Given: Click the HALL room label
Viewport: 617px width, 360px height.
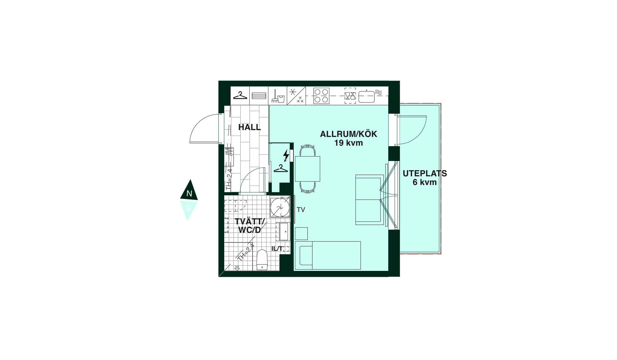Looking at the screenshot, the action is point(249,127).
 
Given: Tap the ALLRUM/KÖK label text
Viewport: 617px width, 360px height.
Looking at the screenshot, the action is point(348,134).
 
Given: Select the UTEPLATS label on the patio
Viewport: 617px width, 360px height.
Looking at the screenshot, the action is point(425,174).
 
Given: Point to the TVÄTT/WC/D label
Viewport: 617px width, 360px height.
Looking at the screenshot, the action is point(250,226).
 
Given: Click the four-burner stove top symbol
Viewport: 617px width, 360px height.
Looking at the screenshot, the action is point(321,96).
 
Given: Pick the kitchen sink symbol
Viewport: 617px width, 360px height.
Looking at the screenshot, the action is point(366,96).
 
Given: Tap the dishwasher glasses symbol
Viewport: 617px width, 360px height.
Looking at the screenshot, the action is point(350,96).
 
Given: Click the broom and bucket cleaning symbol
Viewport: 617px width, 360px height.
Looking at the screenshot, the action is point(278,96).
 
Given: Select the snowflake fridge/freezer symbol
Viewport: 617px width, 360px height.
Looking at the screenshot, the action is point(292,92).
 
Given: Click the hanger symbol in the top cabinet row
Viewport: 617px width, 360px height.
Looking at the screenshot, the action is point(240,95).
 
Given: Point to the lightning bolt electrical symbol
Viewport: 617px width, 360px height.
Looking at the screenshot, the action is point(286,156).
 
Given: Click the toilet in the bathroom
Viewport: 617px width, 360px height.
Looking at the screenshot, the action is point(262,260).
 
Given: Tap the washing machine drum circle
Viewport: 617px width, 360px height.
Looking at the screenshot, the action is point(280,207).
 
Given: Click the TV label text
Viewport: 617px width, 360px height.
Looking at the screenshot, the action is point(301,210).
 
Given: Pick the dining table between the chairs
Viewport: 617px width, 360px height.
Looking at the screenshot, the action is point(308,169).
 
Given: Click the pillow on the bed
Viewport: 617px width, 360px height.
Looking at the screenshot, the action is point(306,256).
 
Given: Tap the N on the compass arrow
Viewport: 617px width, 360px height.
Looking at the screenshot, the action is point(189,194).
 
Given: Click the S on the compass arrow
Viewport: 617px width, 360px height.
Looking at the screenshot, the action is point(188,208).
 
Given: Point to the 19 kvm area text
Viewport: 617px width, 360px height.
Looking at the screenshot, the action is point(348,143).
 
